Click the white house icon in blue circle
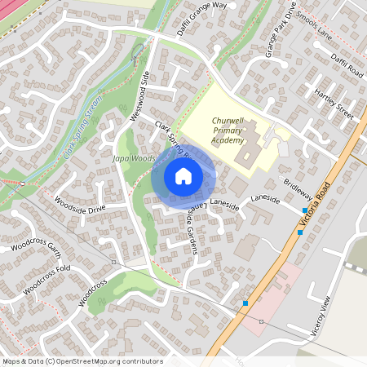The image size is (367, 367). pos(183,176)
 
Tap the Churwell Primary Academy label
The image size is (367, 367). pos(216,130)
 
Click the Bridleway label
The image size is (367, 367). pos(298,190)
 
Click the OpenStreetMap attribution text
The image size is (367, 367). pos(82,360)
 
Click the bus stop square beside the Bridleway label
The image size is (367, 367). pos(305,210)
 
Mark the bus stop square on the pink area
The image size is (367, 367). pos(245,303)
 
